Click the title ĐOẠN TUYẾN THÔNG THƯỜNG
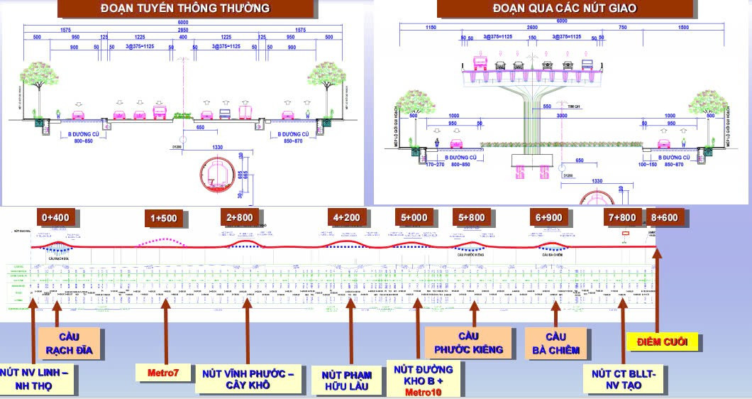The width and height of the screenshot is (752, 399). [185, 9]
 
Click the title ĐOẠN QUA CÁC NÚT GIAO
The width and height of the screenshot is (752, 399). [564, 9]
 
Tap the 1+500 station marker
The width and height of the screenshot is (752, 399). [163, 218]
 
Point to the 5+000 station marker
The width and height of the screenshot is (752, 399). [414, 217]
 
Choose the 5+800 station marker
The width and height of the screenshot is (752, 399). [472, 217]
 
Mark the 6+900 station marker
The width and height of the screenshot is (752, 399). [549, 217]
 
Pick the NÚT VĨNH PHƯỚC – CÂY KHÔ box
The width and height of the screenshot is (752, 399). [248, 379]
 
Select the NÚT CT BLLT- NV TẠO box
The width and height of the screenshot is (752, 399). [624, 378]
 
